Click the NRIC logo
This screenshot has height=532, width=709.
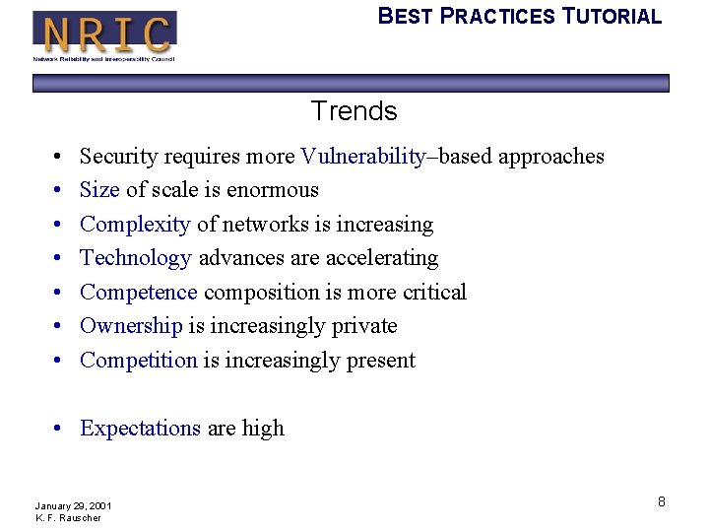tap(104, 35)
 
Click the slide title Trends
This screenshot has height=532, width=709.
tap(354, 111)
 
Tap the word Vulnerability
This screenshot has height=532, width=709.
tap(363, 157)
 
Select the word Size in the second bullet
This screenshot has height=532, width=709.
tap(99, 190)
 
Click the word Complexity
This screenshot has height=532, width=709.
tap(135, 225)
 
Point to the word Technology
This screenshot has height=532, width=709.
tap(136, 258)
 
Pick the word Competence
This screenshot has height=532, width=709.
tap(139, 293)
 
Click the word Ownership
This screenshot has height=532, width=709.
tap(131, 326)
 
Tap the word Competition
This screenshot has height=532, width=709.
tap(139, 361)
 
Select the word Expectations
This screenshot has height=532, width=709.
tap(140, 429)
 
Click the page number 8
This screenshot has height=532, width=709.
tap(662, 502)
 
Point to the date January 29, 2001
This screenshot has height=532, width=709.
tap(73, 505)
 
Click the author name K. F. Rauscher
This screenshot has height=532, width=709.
tap(68, 518)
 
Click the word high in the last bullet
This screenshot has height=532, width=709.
tap(263, 429)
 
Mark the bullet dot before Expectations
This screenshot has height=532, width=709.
tap(60, 429)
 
